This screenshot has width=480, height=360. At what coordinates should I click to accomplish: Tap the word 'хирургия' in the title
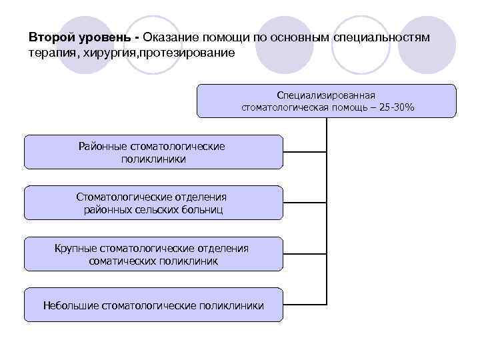105,52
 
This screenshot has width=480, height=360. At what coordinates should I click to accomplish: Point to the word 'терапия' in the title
51,52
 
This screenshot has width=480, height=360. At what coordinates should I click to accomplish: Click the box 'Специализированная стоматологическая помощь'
327,100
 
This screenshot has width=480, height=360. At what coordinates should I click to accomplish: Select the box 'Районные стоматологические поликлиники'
153,152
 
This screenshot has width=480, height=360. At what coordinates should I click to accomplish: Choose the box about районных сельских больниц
153,203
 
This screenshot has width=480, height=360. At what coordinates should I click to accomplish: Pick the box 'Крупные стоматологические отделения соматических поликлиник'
153,254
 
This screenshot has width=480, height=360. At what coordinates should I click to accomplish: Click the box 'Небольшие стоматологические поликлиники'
153,305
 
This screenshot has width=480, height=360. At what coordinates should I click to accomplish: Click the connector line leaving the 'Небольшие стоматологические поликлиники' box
305,305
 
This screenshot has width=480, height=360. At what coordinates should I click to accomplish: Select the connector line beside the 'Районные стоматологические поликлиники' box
305,152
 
